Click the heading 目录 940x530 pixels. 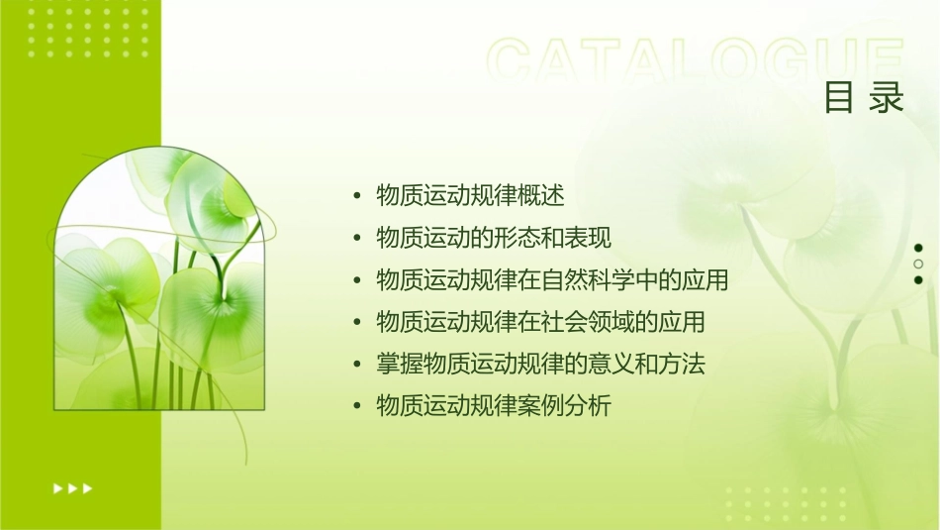click(x=865, y=98)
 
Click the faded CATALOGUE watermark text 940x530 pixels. click(x=696, y=61)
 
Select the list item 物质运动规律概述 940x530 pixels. click(x=470, y=196)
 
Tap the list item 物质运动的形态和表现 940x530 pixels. click(x=494, y=238)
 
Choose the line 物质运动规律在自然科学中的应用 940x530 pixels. click(x=552, y=280)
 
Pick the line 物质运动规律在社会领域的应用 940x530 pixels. click(x=540, y=322)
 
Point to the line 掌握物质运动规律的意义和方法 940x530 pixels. click(x=540, y=364)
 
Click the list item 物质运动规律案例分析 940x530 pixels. click(x=494, y=405)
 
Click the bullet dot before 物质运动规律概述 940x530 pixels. click(x=357, y=196)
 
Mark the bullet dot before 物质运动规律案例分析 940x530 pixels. click(x=357, y=405)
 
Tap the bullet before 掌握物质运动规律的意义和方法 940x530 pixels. click(x=357, y=364)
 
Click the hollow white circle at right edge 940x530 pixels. click(x=918, y=264)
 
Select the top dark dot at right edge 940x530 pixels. click(x=918, y=248)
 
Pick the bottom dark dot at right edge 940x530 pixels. click(x=918, y=279)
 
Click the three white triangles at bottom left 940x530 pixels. click(x=73, y=487)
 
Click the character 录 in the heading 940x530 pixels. click(x=888, y=98)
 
